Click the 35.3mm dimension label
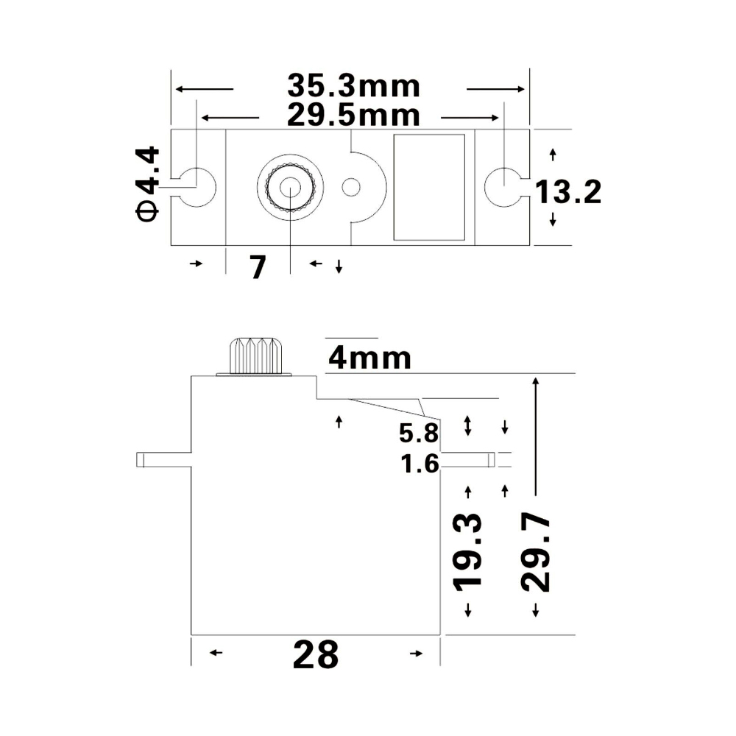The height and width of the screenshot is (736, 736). [353, 86]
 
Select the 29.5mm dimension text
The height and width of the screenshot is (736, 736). [353, 116]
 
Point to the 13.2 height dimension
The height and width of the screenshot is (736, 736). [567, 193]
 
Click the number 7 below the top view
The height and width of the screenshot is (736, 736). [257, 266]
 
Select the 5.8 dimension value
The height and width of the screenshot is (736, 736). [419, 434]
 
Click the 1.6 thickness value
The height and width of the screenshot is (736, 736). [420, 464]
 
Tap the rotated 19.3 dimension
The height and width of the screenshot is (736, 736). [468, 551]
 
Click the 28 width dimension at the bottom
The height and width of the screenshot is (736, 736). [316, 654]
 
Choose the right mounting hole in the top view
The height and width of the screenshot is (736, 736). [503, 186]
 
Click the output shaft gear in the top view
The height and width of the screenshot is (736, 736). [289, 186]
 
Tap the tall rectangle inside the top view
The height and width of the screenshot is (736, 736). [430, 187]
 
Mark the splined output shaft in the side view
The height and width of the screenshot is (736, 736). [256, 356]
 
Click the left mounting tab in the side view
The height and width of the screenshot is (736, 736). [163, 460]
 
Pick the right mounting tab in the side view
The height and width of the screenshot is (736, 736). [467, 459]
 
